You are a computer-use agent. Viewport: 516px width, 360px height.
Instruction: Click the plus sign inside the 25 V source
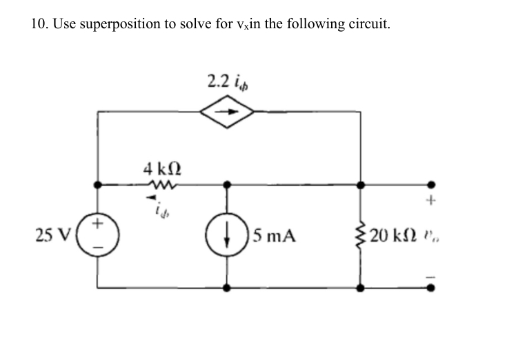click(98, 224)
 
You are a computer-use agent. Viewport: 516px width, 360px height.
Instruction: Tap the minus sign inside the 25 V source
click(98, 247)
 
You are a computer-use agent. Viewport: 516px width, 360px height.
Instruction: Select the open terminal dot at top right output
click(433, 185)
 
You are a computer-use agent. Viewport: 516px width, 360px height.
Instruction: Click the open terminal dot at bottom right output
click(433, 286)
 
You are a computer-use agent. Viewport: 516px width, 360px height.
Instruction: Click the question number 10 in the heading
click(39, 24)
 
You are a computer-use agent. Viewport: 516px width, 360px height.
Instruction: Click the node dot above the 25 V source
click(97, 185)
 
